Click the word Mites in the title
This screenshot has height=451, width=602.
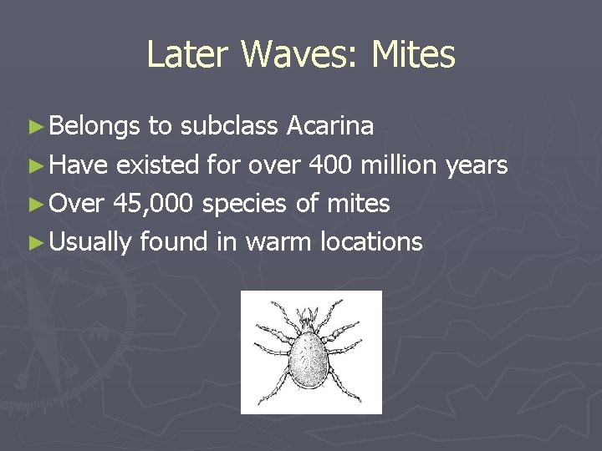point(413,55)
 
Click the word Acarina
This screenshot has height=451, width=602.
point(330,126)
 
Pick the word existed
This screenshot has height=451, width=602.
point(157,165)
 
